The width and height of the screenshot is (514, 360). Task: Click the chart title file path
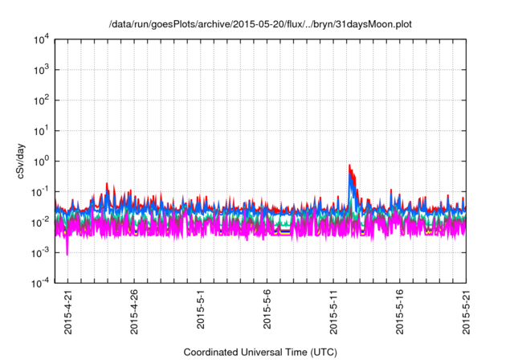pyautogui.click(x=259, y=24)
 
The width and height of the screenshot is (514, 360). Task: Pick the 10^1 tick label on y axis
pyautogui.click(x=41, y=130)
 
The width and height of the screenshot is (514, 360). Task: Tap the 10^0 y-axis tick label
pyautogui.click(x=41, y=161)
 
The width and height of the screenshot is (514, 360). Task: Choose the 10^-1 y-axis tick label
pyautogui.click(x=41, y=191)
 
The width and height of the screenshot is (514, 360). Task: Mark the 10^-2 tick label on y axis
pyautogui.click(x=41, y=222)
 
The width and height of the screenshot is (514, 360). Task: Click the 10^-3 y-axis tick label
pyautogui.click(x=41, y=252)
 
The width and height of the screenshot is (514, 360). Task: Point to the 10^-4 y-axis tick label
pyautogui.click(x=41, y=282)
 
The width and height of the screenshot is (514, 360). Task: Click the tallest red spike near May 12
pyautogui.click(x=349, y=166)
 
